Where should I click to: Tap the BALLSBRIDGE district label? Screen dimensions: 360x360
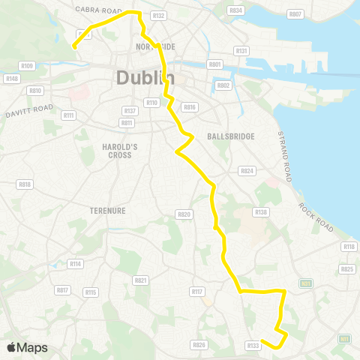230,136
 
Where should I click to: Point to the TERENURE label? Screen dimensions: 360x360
107,211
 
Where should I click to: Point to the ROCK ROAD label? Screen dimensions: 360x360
316,217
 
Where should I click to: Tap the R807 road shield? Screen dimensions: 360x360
295,14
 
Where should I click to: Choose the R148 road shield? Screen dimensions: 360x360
11,78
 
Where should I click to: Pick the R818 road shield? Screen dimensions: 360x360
25,184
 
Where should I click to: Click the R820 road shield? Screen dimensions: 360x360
184,214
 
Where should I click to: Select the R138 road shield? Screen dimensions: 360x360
261,213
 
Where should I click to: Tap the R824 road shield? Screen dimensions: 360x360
247,172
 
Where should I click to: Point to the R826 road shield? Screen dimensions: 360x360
199,345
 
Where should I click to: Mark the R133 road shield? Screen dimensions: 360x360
253,345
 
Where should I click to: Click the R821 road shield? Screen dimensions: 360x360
140,280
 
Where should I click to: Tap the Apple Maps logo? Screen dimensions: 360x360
27,347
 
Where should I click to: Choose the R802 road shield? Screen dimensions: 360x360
223,85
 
